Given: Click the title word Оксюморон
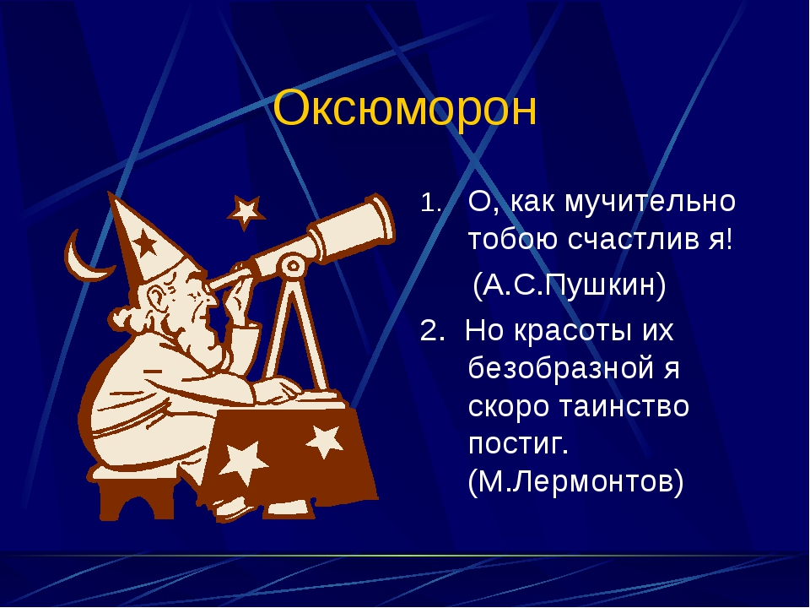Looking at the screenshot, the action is (405, 109).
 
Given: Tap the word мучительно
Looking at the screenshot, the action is (650, 201).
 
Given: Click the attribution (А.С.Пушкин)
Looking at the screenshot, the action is (570, 285).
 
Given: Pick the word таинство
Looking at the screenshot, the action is (624, 406).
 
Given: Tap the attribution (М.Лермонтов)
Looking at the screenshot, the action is (575, 482).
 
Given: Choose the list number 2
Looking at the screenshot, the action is (432, 330).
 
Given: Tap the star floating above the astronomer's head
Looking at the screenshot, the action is (246, 211).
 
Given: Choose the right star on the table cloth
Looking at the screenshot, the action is (325, 441).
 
